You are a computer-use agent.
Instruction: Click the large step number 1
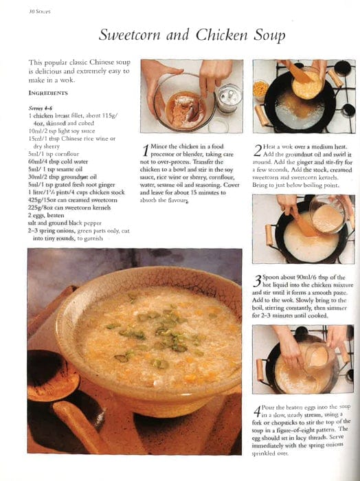pyautogui.click(x=145, y=150)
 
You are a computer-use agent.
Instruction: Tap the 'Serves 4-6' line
pyautogui.click(x=41, y=109)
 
